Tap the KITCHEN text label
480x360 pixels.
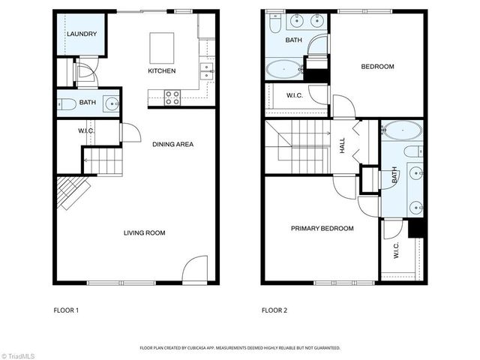[x=161, y=71]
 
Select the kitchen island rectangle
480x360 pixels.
[x=162, y=47]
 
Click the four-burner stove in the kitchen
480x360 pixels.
[x=172, y=97]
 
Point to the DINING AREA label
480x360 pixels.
[x=173, y=144]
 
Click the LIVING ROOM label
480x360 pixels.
[x=145, y=233]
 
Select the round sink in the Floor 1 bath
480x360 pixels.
[x=112, y=103]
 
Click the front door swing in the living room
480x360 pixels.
[x=194, y=268]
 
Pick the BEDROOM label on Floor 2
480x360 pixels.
[x=377, y=67]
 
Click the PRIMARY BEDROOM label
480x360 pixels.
[x=322, y=229]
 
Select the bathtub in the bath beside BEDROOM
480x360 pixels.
[x=284, y=71]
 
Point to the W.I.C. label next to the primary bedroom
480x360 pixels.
[x=396, y=253]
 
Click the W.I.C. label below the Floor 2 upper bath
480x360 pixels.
[x=294, y=95]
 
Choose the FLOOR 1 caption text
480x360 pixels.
[x=66, y=310]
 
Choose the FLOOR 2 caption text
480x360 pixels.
[x=274, y=310]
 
